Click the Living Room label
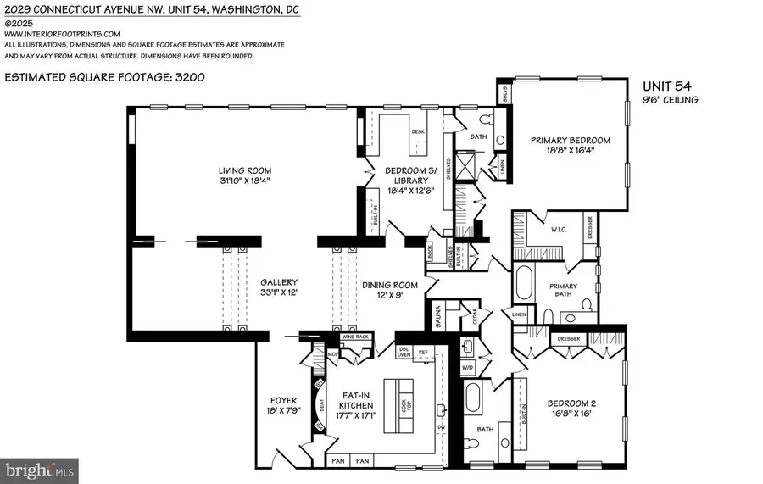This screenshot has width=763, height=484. [247, 170]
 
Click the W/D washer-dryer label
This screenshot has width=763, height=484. [467, 368]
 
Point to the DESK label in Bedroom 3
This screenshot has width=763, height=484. [417, 132]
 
